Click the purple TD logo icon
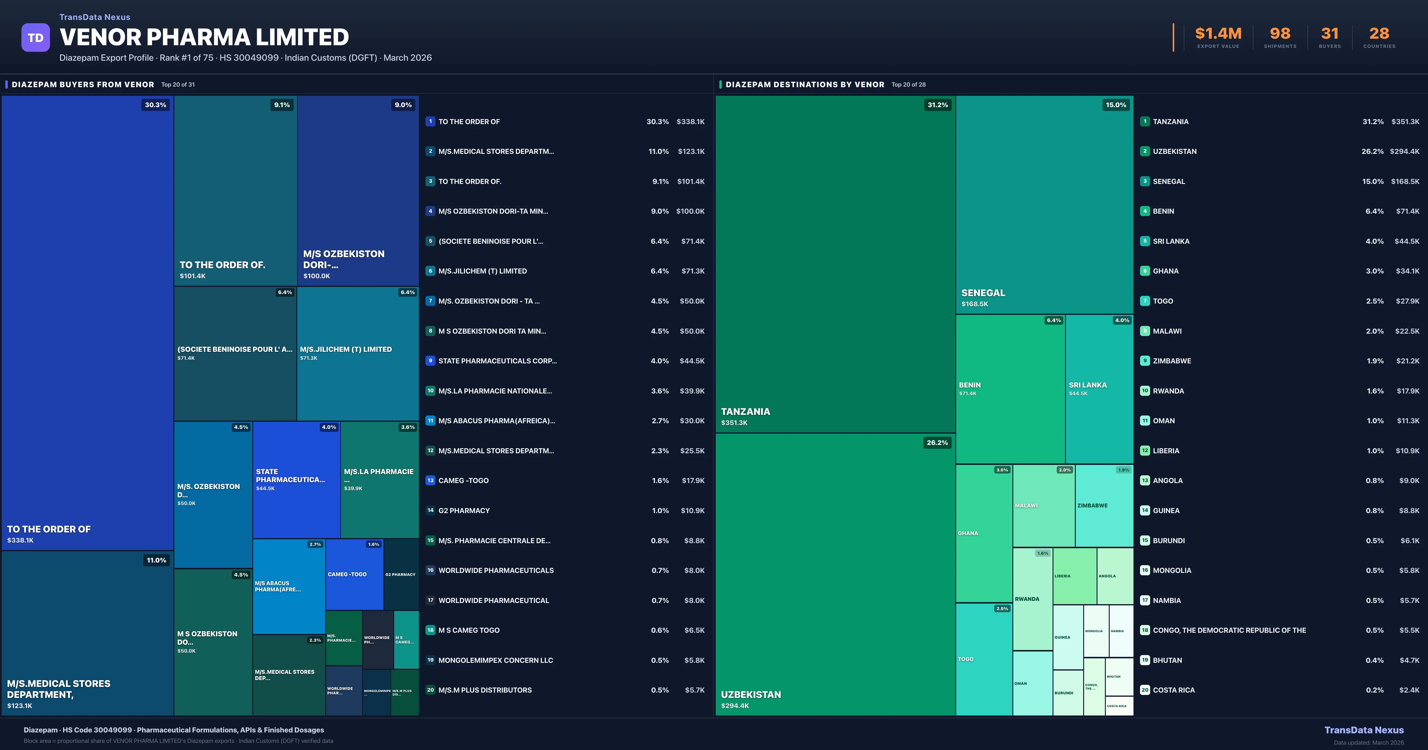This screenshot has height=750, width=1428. click(x=35, y=38)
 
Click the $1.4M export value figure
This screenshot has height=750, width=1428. click(x=1218, y=34)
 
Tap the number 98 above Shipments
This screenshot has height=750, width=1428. click(x=1280, y=34)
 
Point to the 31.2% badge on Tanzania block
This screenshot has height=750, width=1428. click(x=937, y=105)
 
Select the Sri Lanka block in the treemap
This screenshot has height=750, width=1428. click(x=1099, y=388)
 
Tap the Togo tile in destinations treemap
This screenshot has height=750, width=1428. click(x=984, y=659)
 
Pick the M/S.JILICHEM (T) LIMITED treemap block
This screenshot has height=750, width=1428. click(x=358, y=353)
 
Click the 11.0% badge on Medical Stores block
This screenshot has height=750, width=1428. click(x=156, y=560)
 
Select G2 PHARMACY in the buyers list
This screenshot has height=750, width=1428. click(x=464, y=510)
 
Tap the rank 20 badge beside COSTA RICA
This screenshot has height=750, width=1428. click(x=1145, y=690)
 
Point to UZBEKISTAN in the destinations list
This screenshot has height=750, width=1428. click(x=1174, y=151)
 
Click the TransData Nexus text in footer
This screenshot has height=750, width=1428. click(x=1364, y=730)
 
